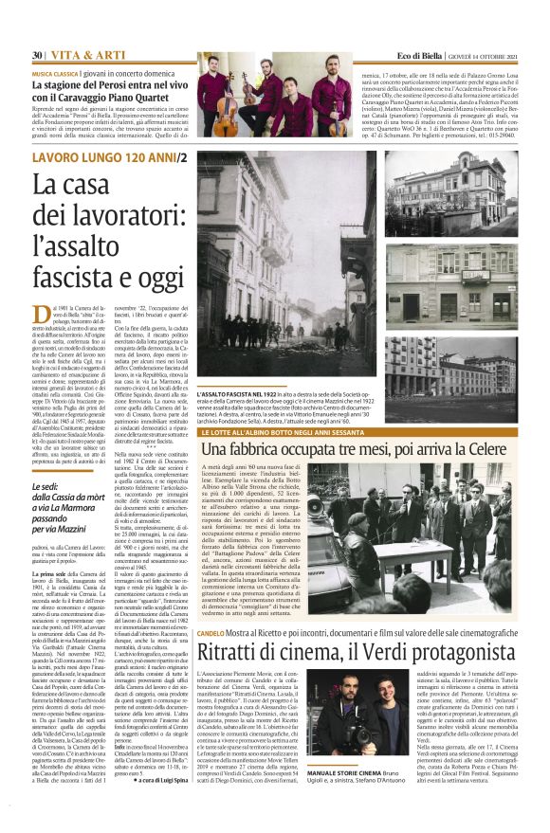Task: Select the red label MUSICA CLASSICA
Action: coord(55,72)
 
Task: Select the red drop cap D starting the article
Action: coord(39,316)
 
